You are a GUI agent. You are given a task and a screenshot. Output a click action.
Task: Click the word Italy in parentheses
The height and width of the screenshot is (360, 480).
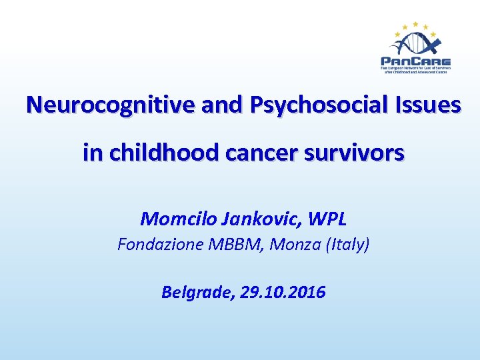tap(348, 245)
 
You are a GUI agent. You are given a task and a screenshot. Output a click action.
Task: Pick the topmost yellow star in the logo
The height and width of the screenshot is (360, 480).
tap(415, 25)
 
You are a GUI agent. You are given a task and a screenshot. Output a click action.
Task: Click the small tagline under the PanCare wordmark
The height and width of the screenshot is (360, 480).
tap(415, 69)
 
